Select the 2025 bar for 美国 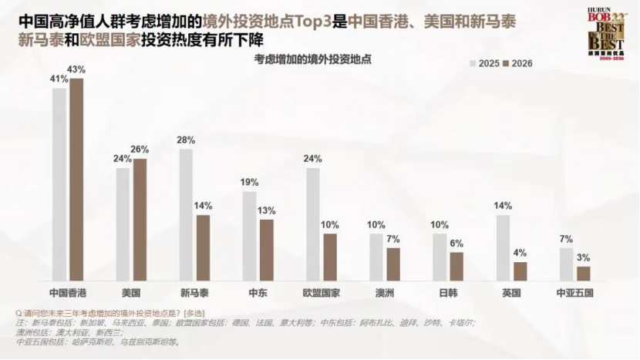(123, 224)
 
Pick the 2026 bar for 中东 (267, 250)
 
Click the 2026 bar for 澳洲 (393, 264)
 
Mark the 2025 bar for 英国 (503, 247)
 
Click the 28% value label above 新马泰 (186, 140)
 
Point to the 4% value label (520, 253)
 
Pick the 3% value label (584, 257)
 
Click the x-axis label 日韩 (447, 293)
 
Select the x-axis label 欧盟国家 (321, 293)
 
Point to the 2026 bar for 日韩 (456, 266)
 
